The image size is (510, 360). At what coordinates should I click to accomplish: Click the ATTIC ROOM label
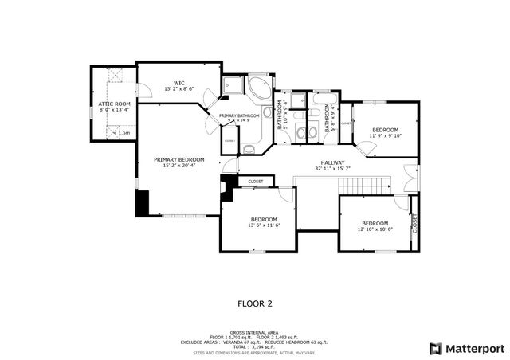pos(114,104)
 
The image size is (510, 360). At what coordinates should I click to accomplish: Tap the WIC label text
pos(179,82)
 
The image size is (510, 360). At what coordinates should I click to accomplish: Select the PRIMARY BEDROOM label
pos(178,159)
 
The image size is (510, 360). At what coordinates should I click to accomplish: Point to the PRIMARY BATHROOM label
pos(240,116)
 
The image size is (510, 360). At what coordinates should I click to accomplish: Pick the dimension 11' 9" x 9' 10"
pos(386,135)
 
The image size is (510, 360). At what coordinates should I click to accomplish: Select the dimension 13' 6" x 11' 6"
pos(264,225)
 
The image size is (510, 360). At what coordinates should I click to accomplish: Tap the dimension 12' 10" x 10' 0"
pos(375,229)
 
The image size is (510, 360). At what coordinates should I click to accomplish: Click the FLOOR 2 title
pos(255,303)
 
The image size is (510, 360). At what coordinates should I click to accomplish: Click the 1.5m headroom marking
pos(123,133)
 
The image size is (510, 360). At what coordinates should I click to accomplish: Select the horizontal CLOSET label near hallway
pos(256,182)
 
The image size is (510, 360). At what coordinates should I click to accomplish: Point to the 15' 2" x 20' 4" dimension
pos(178,166)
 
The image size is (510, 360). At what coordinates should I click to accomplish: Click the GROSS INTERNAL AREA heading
pos(255,331)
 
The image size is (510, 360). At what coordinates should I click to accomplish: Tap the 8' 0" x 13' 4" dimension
pos(114,109)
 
